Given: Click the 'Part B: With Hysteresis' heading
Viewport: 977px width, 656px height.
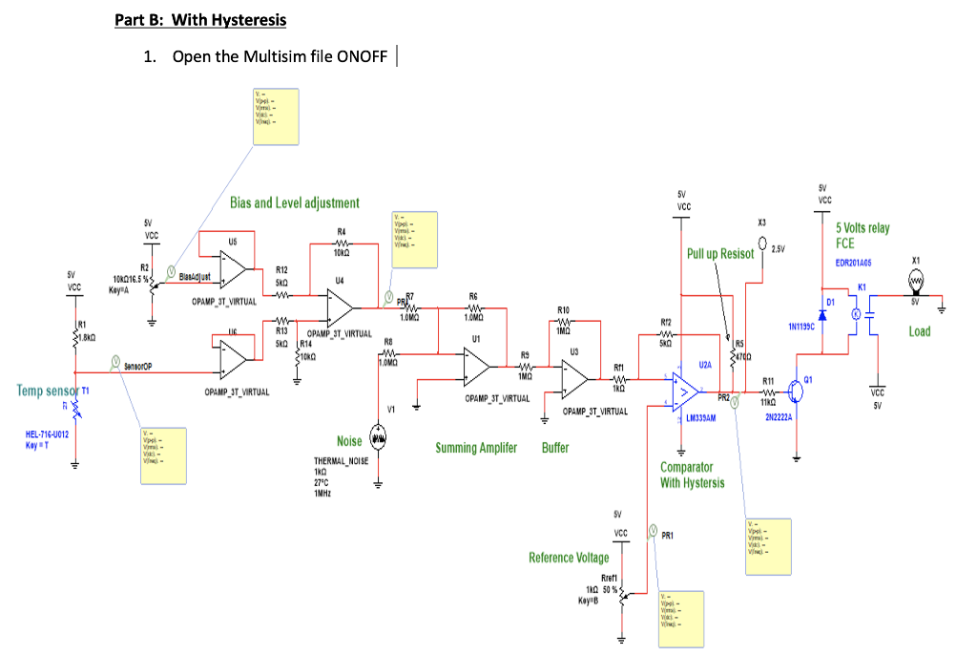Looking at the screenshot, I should pyautogui.click(x=199, y=19).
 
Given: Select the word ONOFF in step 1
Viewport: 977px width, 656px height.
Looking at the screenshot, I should pyautogui.click(x=363, y=56).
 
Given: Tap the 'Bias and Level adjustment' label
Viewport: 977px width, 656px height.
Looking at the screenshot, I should pyautogui.click(x=294, y=202).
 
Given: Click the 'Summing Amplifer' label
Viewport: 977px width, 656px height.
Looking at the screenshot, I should pyautogui.click(x=476, y=448).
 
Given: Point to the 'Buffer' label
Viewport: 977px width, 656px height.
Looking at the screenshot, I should pyautogui.click(x=555, y=448).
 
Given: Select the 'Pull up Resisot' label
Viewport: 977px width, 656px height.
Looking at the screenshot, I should pyautogui.click(x=720, y=255).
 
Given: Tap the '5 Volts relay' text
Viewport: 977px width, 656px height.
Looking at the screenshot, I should pyautogui.click(x=862, y=228).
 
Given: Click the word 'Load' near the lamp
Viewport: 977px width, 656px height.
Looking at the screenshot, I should pyautogui.click(x=919, y=331).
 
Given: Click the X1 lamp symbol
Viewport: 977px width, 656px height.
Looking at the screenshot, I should pyautogui.click(x=917, y=281).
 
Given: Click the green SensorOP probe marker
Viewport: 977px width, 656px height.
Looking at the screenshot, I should pyautogui.click(x=114, y=362).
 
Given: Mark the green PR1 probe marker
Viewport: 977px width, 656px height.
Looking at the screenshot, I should pyautogui.click(x=654, y=530).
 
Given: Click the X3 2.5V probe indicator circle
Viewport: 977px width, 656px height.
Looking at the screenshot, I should pyautogui.click(x=762, y=252).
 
